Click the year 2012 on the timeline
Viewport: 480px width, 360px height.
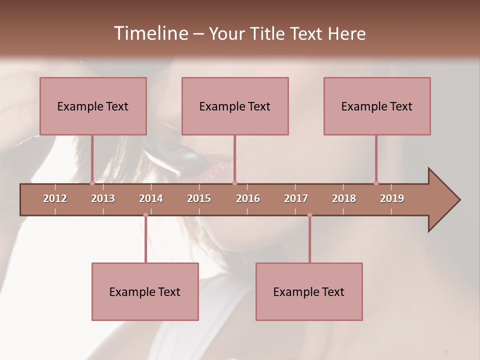pyautogui.click(x=55, y=198)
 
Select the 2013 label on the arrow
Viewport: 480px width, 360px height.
pyautogui.click(x=103, y=198)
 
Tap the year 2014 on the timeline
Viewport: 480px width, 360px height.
pyautogui.click(x=151, y=198)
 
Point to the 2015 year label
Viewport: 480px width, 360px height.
pyautogui.click(x=199, y=198)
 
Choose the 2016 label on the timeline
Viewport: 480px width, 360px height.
pyautogui.click(x=248, y=198)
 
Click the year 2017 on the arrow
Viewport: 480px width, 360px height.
pyautogui.click(x=296, y=198)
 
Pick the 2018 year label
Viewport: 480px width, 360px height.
pyautogui.click(x=344, y=198)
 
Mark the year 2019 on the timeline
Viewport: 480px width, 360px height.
pyautogui.click(x=392, y=198)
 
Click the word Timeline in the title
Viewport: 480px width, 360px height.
pyautogui.click(x=150, y=33)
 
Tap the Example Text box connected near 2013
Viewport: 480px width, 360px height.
pyautogui.click(x=93, y=106)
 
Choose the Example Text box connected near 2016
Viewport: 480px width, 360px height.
pyautogui.click(x=235, y=106)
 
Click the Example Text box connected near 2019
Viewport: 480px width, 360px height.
pyautogui.click(x=377, y=106)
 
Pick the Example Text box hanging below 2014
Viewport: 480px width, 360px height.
pyautogui.click(x=145, y=291)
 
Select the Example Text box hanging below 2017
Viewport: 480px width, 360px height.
pyautogui.click(x=309, y=291)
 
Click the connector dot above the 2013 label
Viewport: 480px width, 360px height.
pyautogui.click(x=92, y=183)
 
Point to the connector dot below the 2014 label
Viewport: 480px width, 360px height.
pyautogui.click(x=145, y=215)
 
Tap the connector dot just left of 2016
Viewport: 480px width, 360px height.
pyautogui.click(x=234, y=183)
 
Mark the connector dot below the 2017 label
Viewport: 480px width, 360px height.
pyautogui.click(x=309, y=215)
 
